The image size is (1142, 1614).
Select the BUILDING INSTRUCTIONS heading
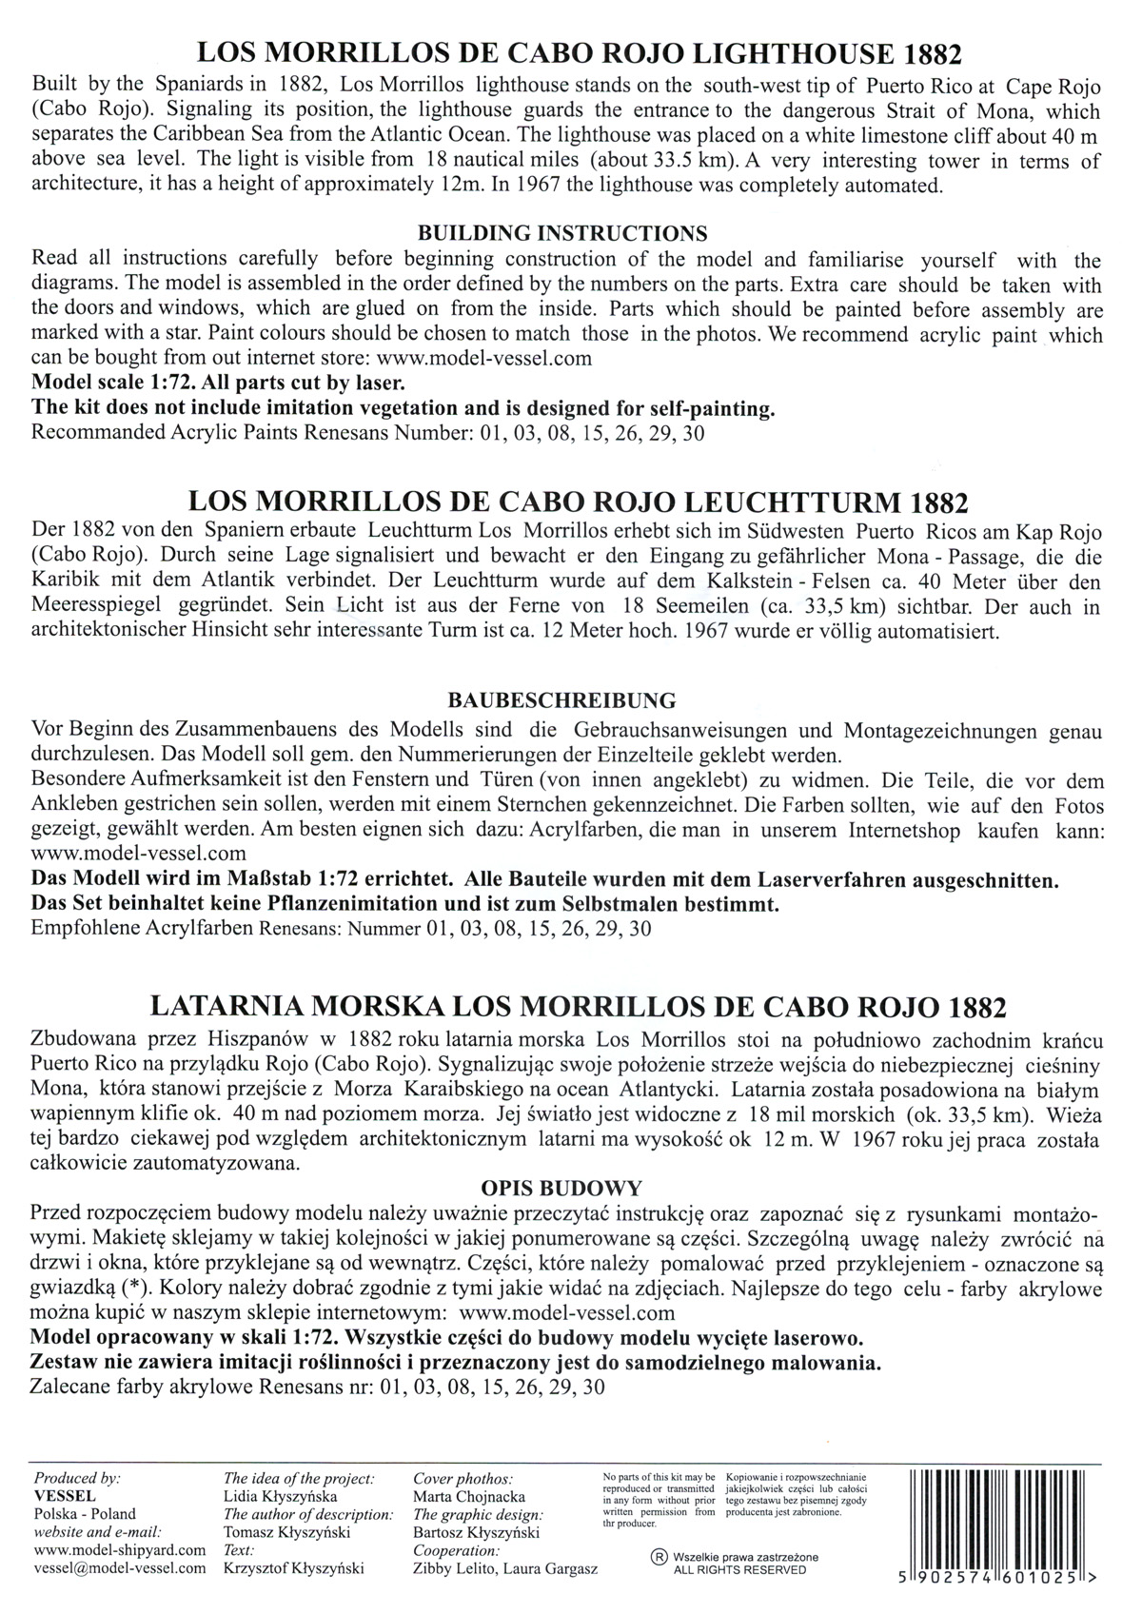[x=562, y=233]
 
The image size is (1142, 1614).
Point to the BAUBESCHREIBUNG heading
[x=561, y=700]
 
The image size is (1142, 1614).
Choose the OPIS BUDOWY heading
[x=562, y=1188]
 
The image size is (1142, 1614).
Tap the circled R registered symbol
[x=657, y=1558]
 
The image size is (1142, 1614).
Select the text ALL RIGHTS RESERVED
[x=739, y=1569]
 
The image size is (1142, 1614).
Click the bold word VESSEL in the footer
[x=58, y=1495]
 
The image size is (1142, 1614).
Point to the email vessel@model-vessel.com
[x=118, y=1568]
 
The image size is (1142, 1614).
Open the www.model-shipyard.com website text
[x=119, y=1550]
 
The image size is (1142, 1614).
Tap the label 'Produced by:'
[x=77, y=1478]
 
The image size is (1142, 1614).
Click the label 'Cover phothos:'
[x=463, y=1478]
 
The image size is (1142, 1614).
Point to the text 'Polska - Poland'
[x=85, y=1513]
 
